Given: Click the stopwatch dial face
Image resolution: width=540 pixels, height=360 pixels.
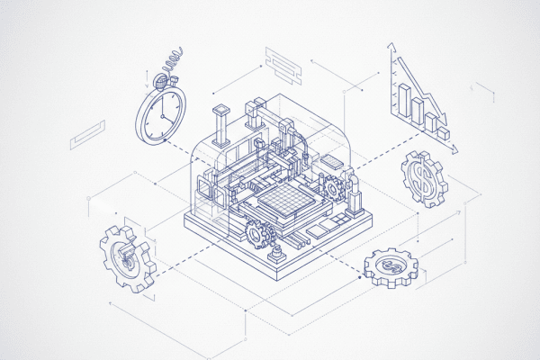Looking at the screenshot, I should (162, 117).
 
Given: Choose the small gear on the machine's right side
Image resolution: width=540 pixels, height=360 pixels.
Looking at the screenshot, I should (334, 187).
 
